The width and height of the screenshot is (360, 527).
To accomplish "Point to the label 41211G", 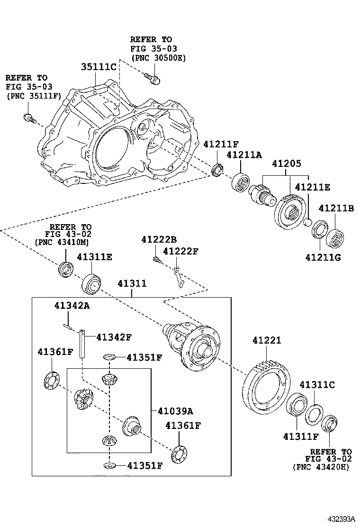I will (324, 257).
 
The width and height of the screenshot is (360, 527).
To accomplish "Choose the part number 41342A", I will (71, 306).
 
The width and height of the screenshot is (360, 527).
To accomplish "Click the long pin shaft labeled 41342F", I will (82, 345).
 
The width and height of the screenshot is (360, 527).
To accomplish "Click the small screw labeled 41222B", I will (156, 259).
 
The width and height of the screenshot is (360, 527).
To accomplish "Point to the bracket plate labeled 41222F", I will (177, 278).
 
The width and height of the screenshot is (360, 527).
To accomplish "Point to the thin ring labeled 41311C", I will (314, 414).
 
